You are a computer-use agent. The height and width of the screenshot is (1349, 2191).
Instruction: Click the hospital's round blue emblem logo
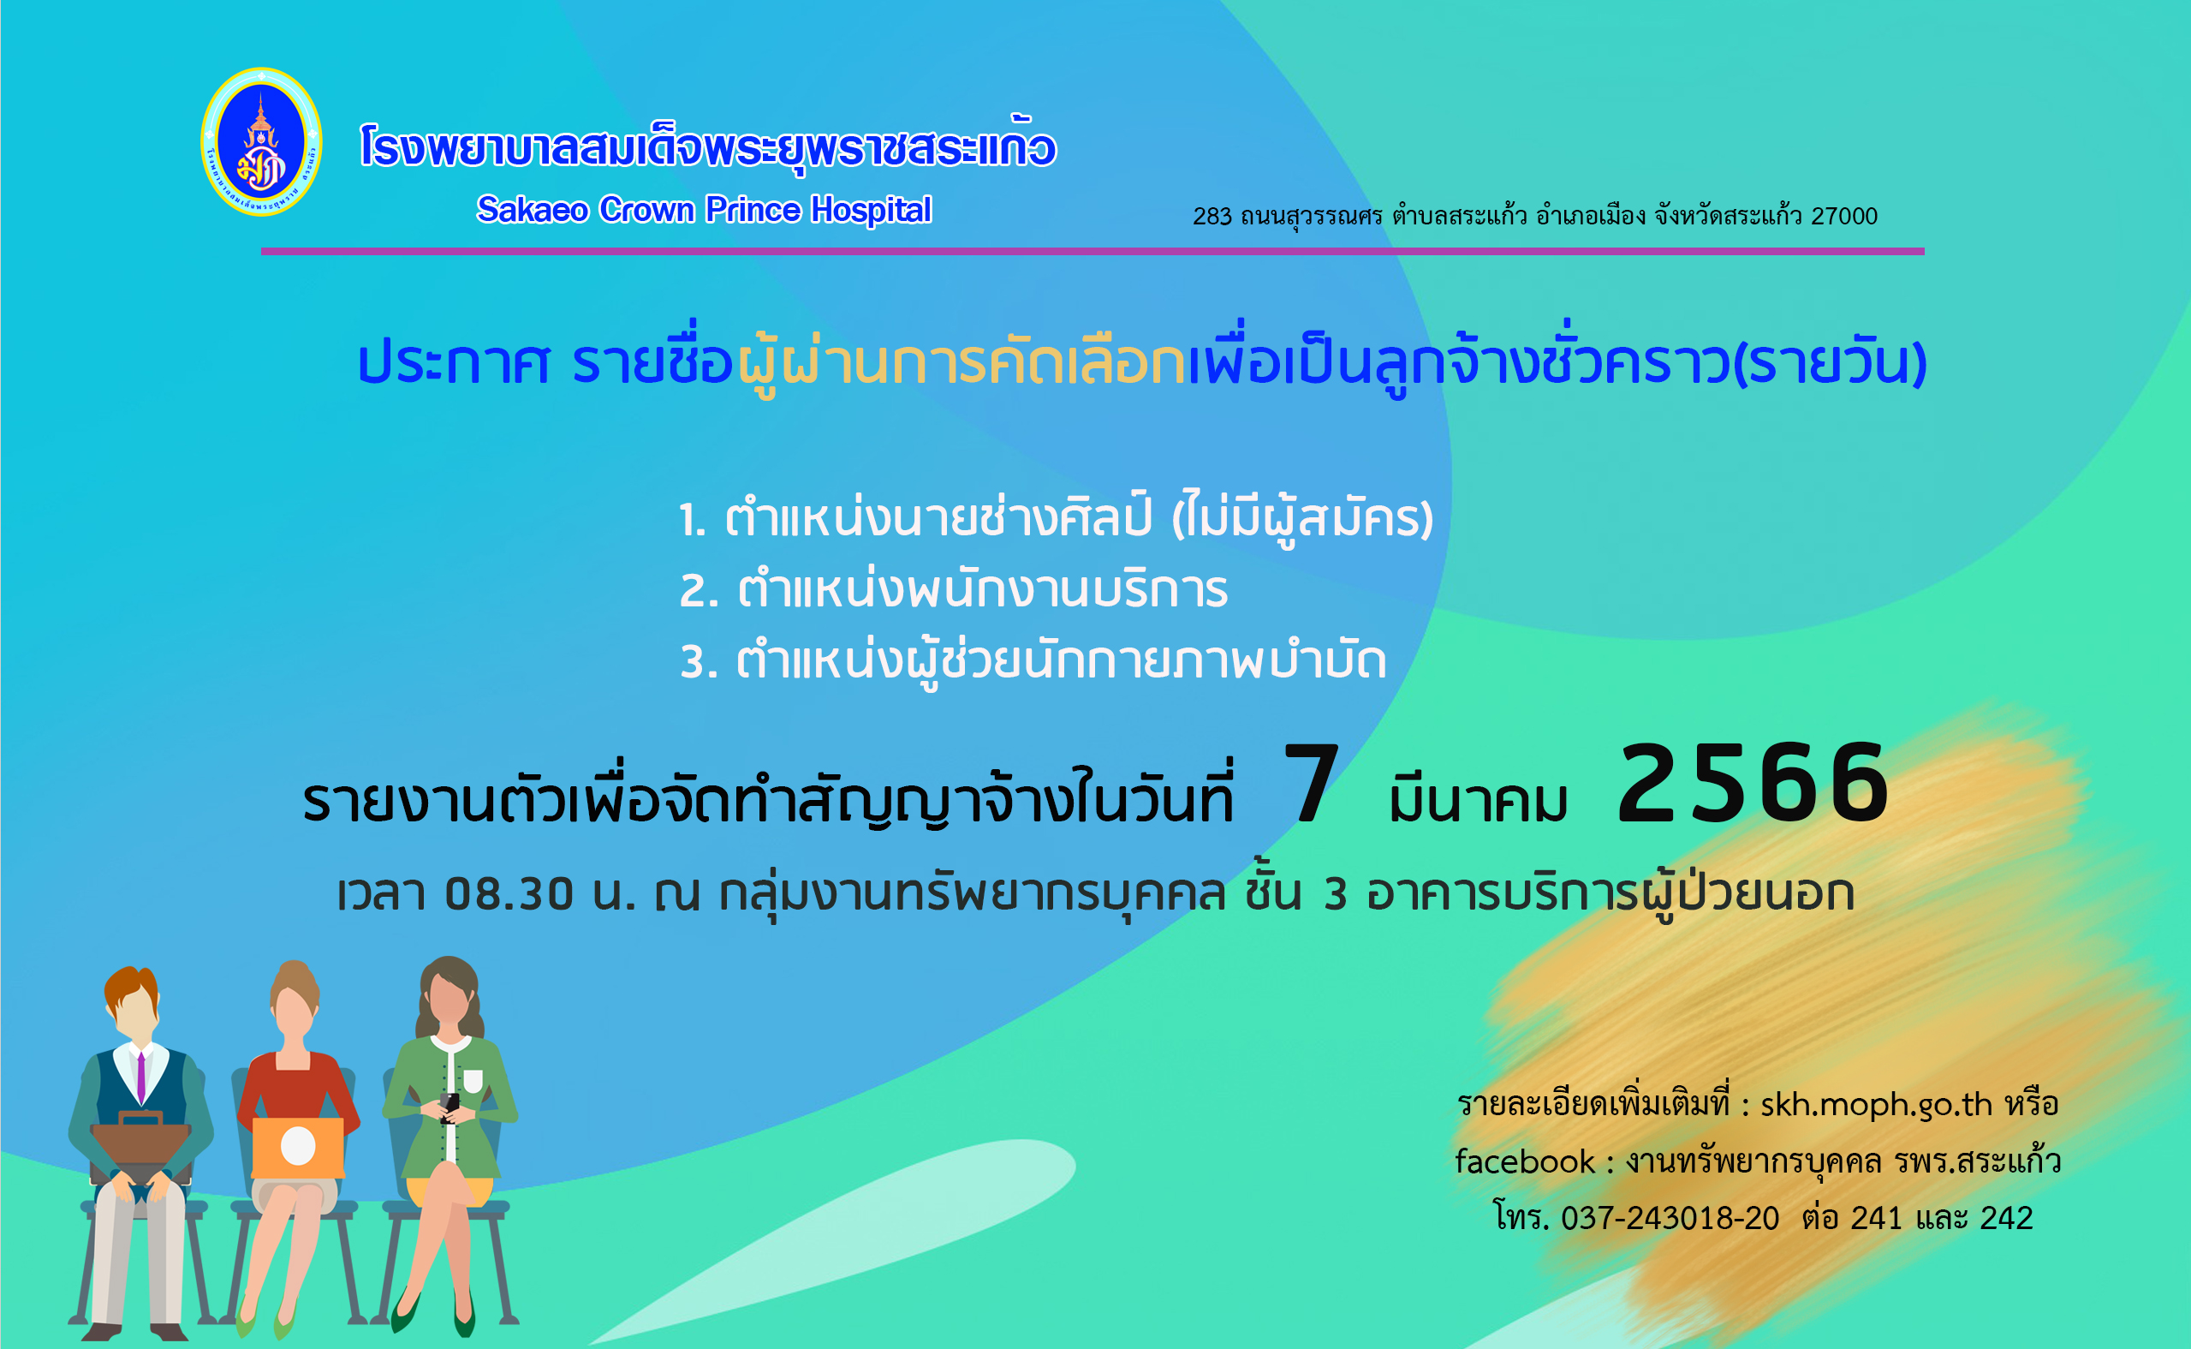click(261, 142)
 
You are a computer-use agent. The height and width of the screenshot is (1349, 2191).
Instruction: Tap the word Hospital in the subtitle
click(871, 211)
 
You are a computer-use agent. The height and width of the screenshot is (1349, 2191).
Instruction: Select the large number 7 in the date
click(1311, 784)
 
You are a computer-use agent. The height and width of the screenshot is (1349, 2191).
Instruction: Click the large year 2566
click(1753, 784)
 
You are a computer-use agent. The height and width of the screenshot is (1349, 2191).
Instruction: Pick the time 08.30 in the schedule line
click(509, 894)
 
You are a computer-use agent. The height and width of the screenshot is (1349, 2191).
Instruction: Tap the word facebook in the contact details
click(1525, 1161)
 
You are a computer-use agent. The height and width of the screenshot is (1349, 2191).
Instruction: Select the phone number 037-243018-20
click(1670, 1218)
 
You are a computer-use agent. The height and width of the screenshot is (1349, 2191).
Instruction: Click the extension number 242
click(2006, 1218)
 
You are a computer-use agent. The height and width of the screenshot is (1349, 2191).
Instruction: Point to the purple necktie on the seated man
click(141, 1077)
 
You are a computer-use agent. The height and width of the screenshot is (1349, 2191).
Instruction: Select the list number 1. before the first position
click(693, 520)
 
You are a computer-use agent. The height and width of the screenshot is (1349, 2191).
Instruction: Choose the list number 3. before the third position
click(700, 663)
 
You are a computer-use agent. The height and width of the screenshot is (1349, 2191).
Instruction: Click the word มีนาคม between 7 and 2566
click(1478, 797)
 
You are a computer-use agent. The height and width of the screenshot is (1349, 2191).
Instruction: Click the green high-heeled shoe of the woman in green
click(406, 1311)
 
